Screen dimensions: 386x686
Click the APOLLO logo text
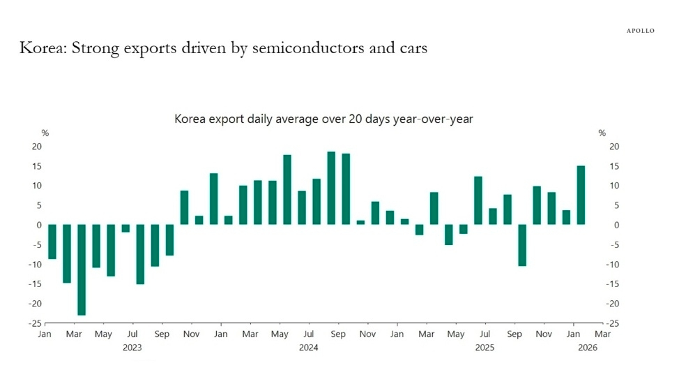tap(640, 31)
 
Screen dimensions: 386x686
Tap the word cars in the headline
tap(409, 48)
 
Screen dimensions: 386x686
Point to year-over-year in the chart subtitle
tap(437, 119)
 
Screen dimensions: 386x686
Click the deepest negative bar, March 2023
tap(82, 269)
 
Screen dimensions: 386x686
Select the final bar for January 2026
tap(581, 195)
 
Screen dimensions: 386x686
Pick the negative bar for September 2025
tap(521, 245)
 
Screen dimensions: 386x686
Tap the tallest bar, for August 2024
tap(331, 188)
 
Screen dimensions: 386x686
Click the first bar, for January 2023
tap(52, 242)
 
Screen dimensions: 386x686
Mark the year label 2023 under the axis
tap(132, 347)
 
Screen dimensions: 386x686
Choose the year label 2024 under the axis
tap(308, 347)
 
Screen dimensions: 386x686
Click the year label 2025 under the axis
tap(485, 347)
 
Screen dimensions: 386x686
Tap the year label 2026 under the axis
tap(588, 347)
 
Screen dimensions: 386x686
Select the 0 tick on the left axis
tap(39, 225)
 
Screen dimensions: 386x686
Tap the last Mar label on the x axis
tap(602, 334)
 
